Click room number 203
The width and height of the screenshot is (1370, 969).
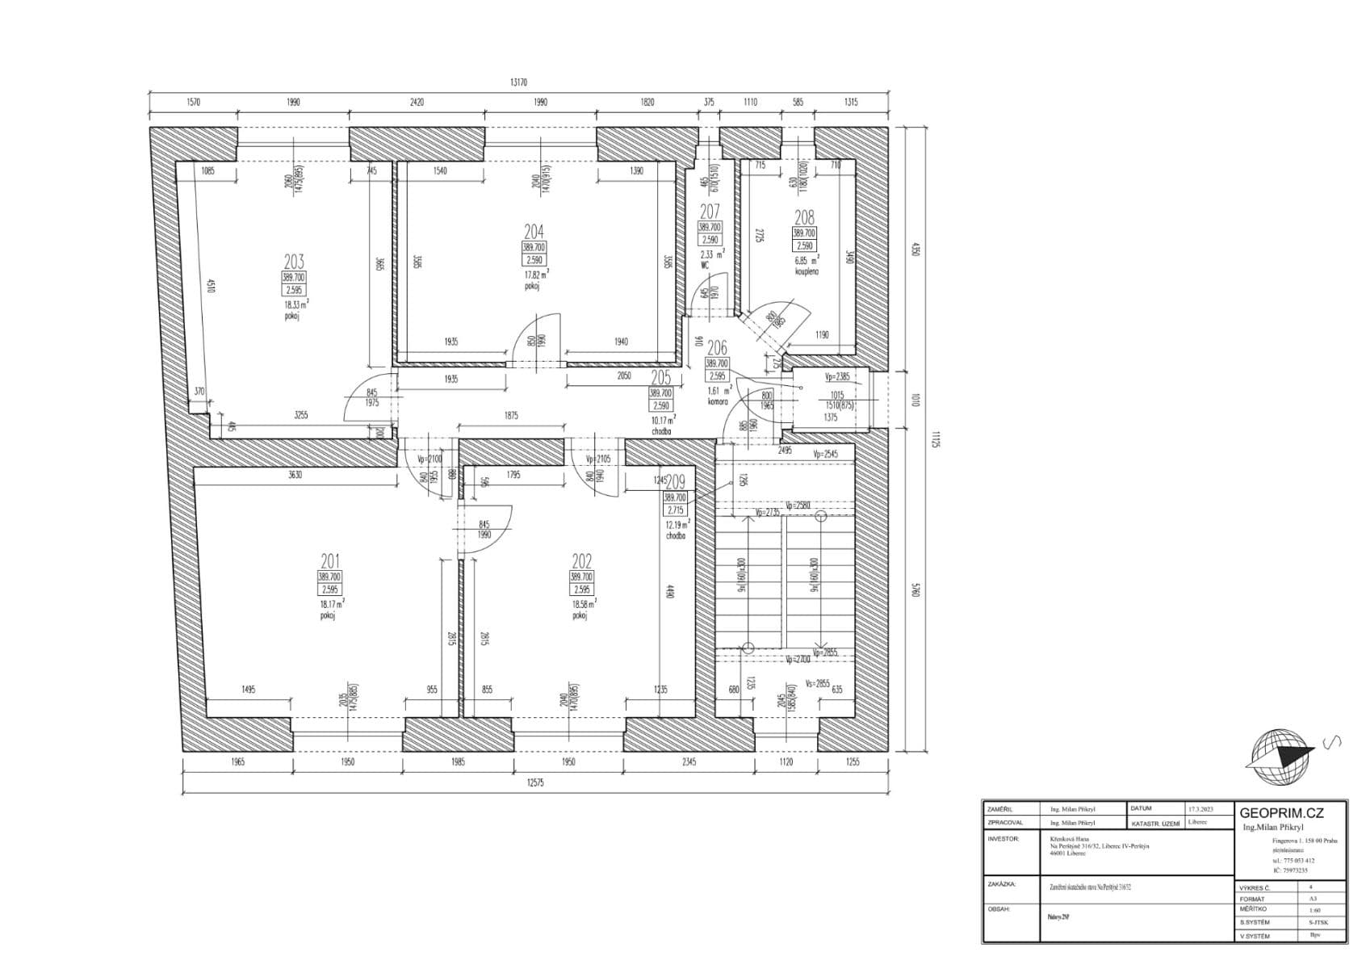[x=294, y=261]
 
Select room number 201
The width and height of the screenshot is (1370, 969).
[x=329, y=561]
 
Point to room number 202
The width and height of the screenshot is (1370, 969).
[x=581, y=561]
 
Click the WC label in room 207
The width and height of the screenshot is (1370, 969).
[x=704, y=265]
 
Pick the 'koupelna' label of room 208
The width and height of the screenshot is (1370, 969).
[x=806, y=272]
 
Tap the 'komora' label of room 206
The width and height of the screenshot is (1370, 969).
[x=718, y=401]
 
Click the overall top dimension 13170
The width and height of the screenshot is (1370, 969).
[x=518, y=82]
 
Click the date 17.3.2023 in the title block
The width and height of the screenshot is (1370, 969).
[x=1200, y=808]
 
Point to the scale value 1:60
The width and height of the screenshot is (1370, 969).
[x=1315, y=910]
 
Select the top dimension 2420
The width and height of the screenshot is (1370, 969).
[x=417, y=103]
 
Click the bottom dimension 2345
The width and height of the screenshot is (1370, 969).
[x=689, y=761]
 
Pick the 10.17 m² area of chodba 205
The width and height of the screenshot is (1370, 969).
[x=664, y=419]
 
